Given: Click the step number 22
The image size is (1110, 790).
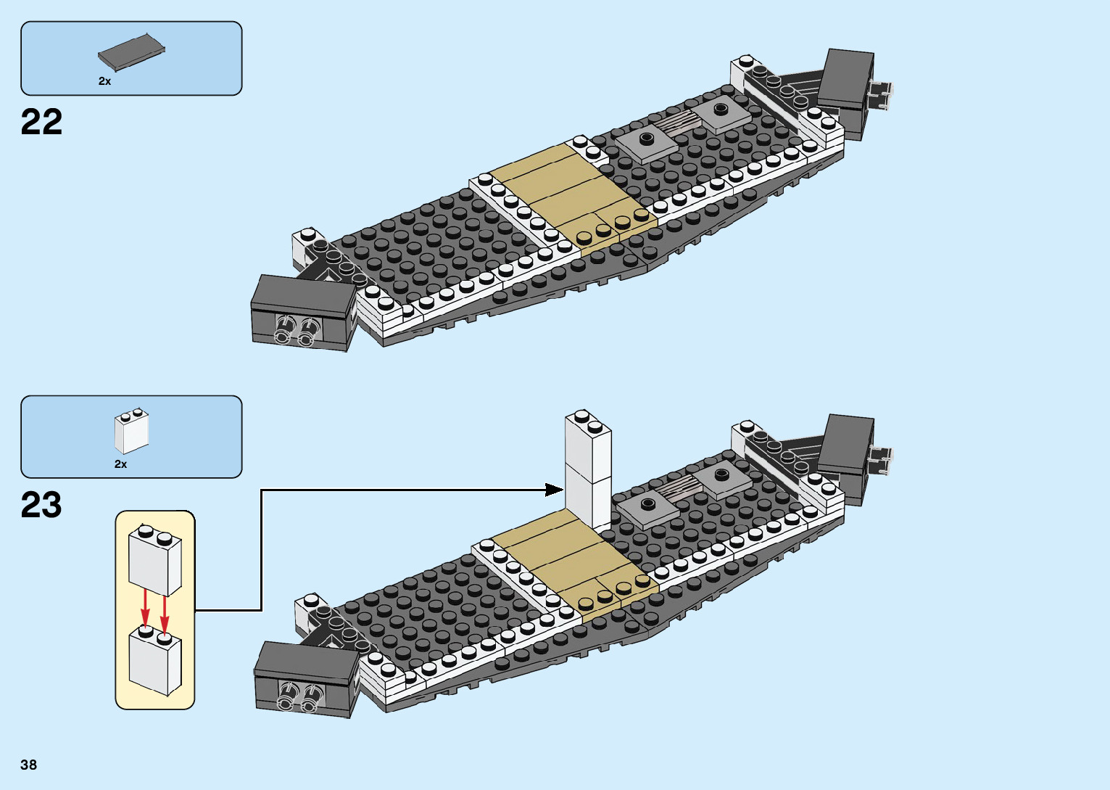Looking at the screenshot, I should click(41, 122).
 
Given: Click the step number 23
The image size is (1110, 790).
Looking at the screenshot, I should click(41, 505).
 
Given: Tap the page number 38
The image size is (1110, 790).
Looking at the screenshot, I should click(28, 765).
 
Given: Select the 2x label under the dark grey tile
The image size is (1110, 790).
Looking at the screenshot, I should click(105, 81).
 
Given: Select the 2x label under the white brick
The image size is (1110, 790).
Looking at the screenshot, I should click(120, 464).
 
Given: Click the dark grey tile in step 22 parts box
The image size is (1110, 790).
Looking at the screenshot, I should click(131, 53).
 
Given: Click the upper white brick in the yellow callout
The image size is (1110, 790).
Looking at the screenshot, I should click(154, 563).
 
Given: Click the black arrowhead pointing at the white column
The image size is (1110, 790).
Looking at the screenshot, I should click(555, 490).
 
